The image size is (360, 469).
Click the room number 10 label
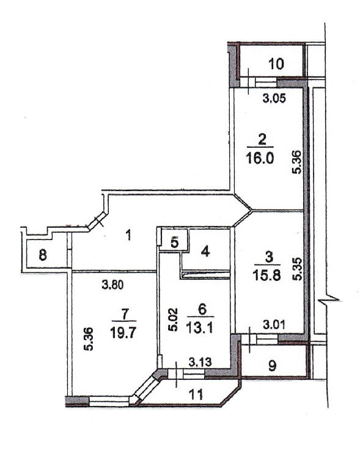(x=276, y=64)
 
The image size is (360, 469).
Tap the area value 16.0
(x=260, y=158)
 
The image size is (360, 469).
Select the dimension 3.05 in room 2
(x=274, y=98)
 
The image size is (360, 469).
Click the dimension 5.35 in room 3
(x=298, y=269)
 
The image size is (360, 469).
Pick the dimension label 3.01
(x=274, y=324)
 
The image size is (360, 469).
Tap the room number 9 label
(x=272, y=365)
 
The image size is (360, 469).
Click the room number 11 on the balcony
(x=196, y=394)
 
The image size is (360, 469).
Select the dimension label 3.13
(x=200, y=362)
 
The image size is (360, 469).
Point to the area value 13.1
(x=199, y=328)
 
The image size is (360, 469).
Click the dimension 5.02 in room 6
(x=173, y=320)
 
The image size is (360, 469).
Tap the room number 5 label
(x=175, y=242)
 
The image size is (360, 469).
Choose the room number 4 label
(x=205, y=252)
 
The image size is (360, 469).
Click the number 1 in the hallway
(x=128, y=236)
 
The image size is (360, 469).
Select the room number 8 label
(x=43, y=255)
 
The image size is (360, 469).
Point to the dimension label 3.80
(x=112, y=285)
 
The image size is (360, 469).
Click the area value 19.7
(x=123, y=332)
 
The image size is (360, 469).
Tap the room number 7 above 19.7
(x=125, y=314)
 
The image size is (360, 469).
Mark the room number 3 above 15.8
(x=269, y=258)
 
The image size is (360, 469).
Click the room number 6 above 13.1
(x=202, y=310)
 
